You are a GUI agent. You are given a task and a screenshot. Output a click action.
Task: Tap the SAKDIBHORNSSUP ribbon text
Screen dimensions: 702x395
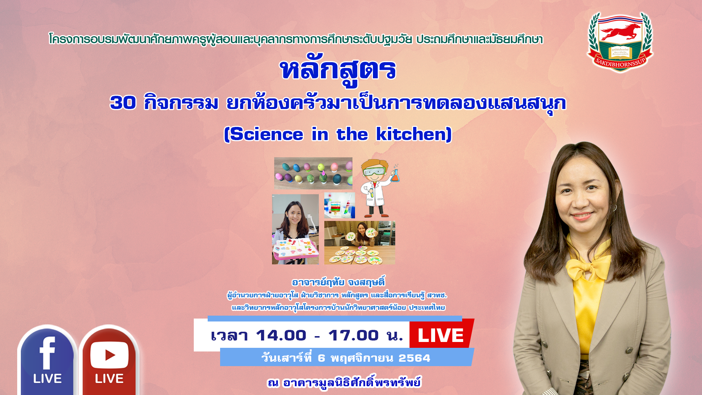click(620, 63)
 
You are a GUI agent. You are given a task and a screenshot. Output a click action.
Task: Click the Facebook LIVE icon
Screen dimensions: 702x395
click(47, 360)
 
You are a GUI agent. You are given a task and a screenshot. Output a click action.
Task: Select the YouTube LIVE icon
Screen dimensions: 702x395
click(109, 360)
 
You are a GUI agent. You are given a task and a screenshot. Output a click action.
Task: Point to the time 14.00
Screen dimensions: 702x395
click(281, 335)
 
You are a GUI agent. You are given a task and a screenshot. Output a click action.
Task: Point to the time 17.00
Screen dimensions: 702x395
click(353, 335)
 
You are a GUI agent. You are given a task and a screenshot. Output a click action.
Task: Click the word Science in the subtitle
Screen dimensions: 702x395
click(267, 134)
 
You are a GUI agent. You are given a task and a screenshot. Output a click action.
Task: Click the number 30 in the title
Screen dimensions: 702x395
click(123, 102)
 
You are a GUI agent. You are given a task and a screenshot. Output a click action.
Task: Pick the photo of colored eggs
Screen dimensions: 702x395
click(313, 173)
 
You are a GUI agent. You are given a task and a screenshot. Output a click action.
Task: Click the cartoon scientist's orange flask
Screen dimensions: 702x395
click(395, 175)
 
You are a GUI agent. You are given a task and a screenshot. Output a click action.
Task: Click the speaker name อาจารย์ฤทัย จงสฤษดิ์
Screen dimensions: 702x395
click(338, 282)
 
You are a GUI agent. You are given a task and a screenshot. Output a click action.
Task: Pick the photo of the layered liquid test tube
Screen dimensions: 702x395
click(339, 205)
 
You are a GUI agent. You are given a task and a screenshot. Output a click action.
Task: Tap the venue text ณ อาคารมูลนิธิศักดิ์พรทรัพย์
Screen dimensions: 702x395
click(344, 382)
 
